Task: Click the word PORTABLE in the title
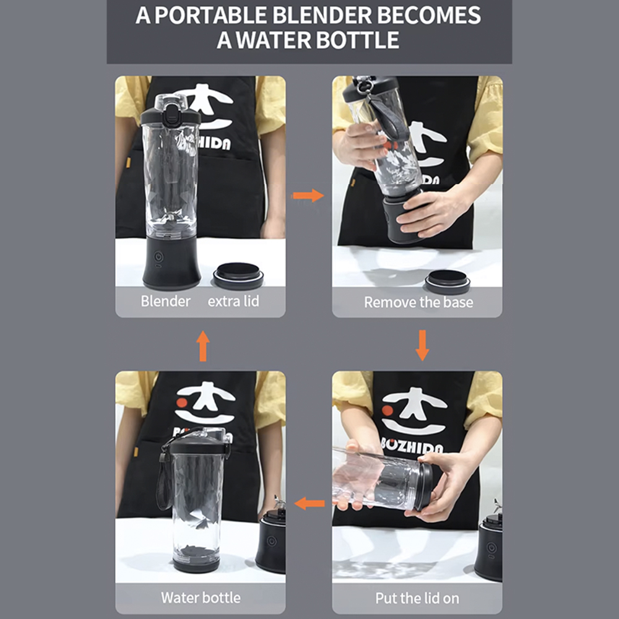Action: [x=211, y=15]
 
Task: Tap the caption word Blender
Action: [x=165, y=301]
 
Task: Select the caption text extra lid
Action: [x=233, y=301]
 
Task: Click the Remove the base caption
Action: [x=418, y=303]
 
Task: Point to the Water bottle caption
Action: [x=201, y=597]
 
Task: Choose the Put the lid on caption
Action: [x=417, y=599]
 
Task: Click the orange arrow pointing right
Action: [x=308, y=196]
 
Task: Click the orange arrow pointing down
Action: [x=422, y=345]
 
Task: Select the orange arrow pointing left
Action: [x=310, y=503]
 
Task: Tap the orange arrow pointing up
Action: [x=203, y=346]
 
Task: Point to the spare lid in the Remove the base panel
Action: [x=448, y=282]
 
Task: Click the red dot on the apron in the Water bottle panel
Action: [x=181, y=403]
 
